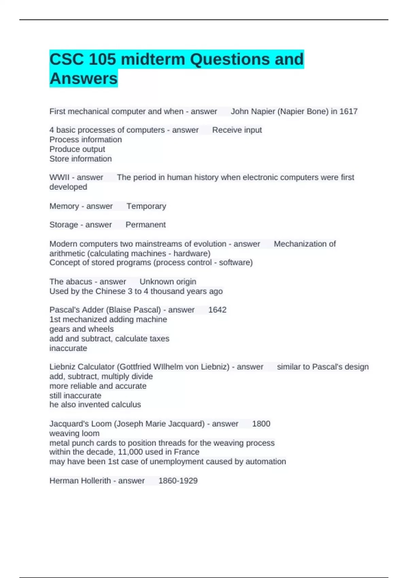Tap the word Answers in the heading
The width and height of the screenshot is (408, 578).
(83, 79)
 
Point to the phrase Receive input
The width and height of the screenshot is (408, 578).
(237, 130)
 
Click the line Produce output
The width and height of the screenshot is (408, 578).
(77, 149)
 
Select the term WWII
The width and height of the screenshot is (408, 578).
(59, 177)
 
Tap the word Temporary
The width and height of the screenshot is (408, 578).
(146, 206)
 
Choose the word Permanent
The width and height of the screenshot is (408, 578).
(146, 225)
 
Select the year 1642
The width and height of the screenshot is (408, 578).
(217, 310)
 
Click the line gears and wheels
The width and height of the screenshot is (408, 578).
(82, 329)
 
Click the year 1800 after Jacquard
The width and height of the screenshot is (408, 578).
(261, 424)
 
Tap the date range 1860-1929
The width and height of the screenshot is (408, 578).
(178, 481)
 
